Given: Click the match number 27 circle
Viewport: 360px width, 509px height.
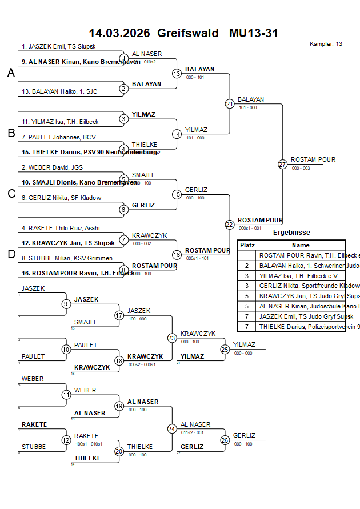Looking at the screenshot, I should tap(282, 165).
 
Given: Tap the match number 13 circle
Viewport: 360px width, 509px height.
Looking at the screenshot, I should tap(177, 74).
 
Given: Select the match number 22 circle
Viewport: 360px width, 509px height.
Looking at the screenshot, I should tap(229, 225).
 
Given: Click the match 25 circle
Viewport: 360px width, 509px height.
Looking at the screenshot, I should tap(225, 349).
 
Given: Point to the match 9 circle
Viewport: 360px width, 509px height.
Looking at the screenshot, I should tap(66, 304).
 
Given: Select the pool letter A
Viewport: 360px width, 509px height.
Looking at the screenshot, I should tap(11, 73).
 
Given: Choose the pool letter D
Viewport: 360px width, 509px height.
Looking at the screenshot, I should tap(11, 254).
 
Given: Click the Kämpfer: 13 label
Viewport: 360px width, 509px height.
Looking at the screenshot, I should tap(326, 43).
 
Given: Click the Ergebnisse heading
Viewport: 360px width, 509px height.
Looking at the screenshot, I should tap(291, 233).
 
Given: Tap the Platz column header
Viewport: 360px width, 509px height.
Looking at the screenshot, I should tap(247, 245).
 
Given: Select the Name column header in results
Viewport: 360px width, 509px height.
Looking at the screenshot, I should tap(301, 245).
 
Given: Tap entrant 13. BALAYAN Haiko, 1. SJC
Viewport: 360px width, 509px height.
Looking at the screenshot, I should tap(59, 91).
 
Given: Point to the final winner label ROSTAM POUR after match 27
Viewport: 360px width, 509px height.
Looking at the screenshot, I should tap(313, 159).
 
